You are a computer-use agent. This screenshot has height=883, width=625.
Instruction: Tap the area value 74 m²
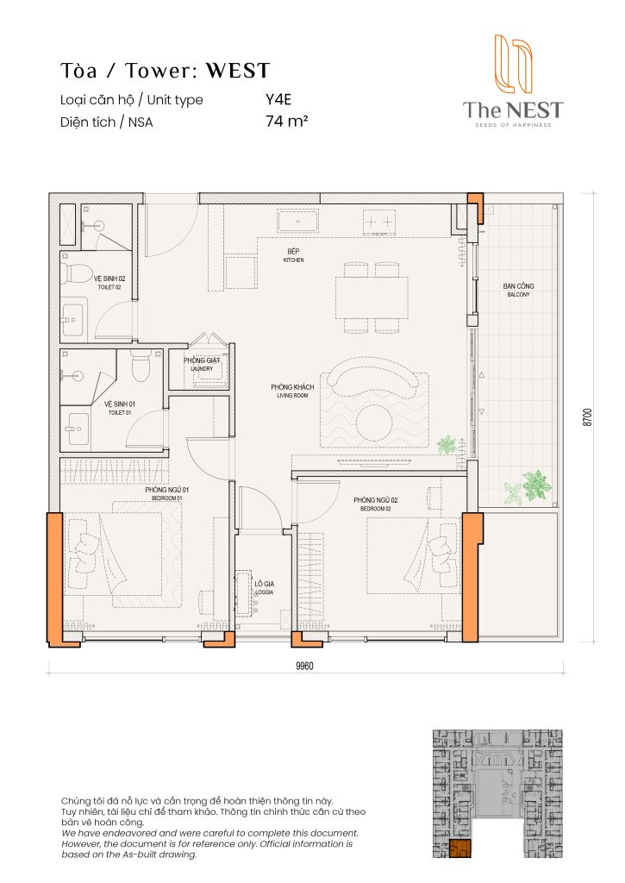(x=287, y=122)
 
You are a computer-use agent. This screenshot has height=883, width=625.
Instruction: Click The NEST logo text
(x=512, y=110)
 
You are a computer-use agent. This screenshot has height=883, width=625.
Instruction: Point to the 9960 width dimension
(x=303, y=666)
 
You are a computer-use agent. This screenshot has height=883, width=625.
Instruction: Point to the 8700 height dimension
(x=587, y=417)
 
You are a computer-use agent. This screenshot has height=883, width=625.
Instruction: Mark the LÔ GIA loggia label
(x=264, y=586)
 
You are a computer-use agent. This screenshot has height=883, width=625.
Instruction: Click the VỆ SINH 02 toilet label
(x=109, y=281)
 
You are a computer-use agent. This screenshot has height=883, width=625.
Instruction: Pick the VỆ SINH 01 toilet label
(x=120, y=405)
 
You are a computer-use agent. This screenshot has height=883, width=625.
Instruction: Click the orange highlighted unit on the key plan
(x=460, y=850)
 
